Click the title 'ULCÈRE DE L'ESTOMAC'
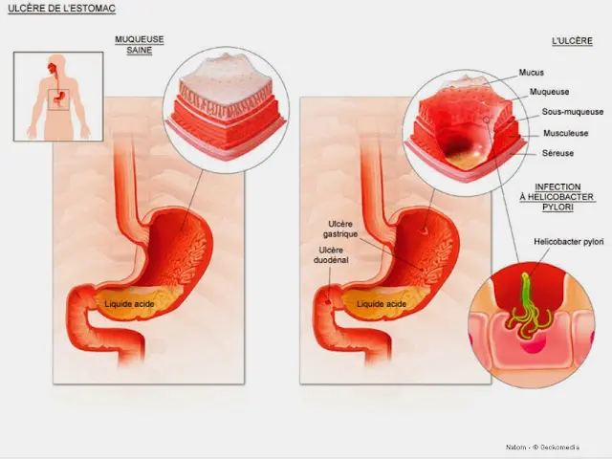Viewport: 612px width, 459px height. [61, 9]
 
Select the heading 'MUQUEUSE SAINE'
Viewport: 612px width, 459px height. [140, 45]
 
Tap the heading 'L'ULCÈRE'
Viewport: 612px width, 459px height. [572, 41]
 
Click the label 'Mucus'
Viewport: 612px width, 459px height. [532, 73]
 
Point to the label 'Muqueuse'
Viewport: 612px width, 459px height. [549, 92]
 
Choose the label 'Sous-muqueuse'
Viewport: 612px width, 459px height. [573, 112]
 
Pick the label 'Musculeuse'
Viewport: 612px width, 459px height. [565, 133]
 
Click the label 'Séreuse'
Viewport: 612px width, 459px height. [557, 153]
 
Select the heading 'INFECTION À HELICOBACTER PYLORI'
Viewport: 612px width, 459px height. [557, 197]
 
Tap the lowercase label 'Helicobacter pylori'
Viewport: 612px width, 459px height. [569, 242]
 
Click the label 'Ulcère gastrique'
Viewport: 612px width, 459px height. [340, 229]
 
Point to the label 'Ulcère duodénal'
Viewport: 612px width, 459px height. [331, 255]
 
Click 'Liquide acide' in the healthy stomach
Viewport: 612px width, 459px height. [129, 304]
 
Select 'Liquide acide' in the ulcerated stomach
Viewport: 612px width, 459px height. [382, 304]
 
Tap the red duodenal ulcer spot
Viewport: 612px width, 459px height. [328, 301]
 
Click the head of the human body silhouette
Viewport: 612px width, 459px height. [57, 62]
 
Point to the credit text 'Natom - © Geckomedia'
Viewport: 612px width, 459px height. [542, 448]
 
